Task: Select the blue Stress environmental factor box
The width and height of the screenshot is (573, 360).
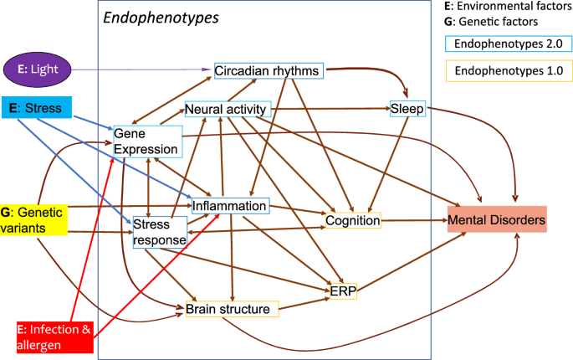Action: pos(36,107)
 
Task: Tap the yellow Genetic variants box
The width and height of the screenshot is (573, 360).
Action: pos(33,219)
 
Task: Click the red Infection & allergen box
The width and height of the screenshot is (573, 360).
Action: pos(53,335)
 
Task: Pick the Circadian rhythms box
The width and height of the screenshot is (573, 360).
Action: pos(268,71)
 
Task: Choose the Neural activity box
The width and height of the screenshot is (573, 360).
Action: pos(226,110)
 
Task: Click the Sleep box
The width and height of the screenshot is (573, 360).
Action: pos(407,108)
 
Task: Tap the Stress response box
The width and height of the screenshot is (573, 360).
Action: pos(158,231)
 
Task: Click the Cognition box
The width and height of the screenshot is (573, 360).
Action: pos(354,221)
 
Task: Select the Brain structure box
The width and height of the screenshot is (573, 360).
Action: pos(228,310)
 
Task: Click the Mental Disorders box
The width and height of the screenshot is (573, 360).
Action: pos(497,221)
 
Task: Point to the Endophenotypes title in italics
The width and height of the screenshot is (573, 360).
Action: pos(161,16)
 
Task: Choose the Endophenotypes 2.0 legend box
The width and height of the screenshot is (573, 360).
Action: pos(499,44)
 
